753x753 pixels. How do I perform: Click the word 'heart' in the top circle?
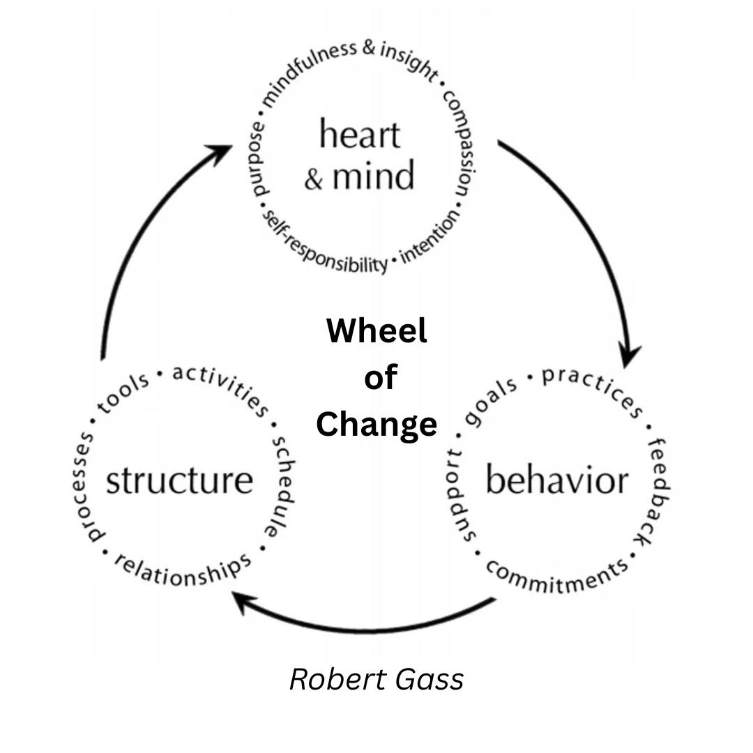tap(360, 134)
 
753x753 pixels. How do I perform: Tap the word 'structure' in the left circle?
tap(179, 481)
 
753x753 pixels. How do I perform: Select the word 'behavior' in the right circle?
tap(556, 481)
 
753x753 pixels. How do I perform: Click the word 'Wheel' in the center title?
tap(376, 330)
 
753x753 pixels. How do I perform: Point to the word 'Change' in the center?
tap(376, 423)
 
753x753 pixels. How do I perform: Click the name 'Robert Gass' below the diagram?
tap(376, 679)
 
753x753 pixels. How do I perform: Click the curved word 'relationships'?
tap(182, 568)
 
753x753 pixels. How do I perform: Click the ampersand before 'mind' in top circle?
tap(314, 178)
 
